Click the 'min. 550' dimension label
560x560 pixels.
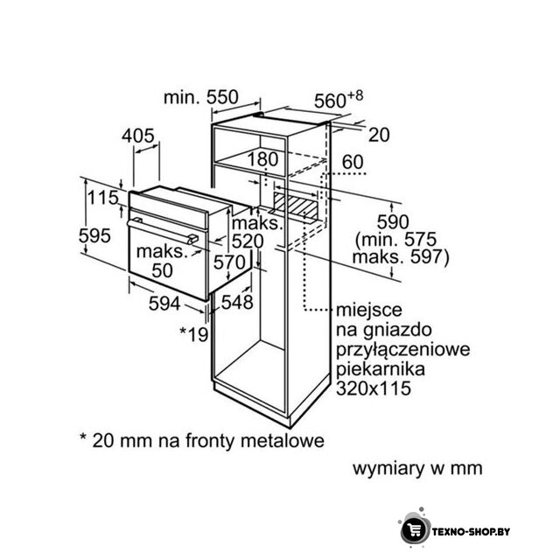pyautogui.click(x=200, y=97)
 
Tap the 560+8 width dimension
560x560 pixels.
pyautogui.click(x=339, y=100)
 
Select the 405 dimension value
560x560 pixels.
pyautogui.click(x=138, y=136)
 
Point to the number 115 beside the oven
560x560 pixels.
pyautogui.click(x=103, y=198)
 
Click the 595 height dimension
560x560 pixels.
pyautogui.click(x=94, y=235)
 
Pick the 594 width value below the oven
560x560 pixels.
pyautogui.click(x=164, y=304)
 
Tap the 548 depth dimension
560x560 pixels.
pyautogui.click(x=237, y=303)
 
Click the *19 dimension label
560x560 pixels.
pyautogui.click(x=193, y=334)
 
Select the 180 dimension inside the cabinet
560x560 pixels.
pyautogui.click(x=262, y=159)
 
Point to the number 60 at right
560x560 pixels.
pyautogui.click(x=353, y=162)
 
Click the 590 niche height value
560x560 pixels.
pyautogui.click(x=393, y=222)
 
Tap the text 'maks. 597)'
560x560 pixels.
pyautogui.click(x=401, y=256)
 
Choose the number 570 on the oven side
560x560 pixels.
pyautogui.click(x=229, y=262)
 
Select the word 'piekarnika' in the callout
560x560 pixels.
pyautogui.click(x=381, y=369)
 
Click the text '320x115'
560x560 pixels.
pyautogui.click(x=374, y=388)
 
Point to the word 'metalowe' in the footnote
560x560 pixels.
pyautogui.click(x=282, y=440)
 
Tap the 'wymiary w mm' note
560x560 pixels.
pyautogui.click(x=417, y=468)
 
